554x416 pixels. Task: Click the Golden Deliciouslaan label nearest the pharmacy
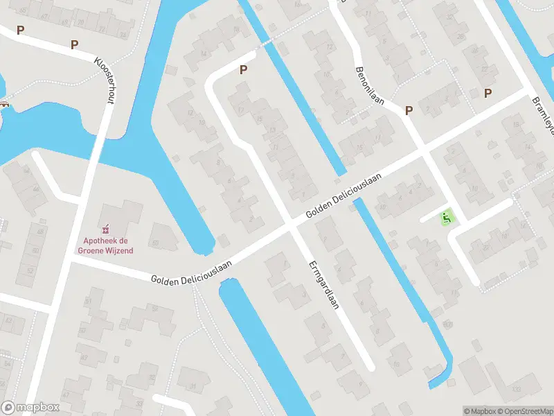[192, 270]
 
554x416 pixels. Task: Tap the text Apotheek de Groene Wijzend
[105, 245]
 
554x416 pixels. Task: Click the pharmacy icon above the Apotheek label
[105, 228]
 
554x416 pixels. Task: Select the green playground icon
[447, 218]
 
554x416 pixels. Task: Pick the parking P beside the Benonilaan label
[409, 110]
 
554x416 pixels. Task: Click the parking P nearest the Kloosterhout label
[74, 44]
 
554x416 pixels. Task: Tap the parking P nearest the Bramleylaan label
[488, 94]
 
